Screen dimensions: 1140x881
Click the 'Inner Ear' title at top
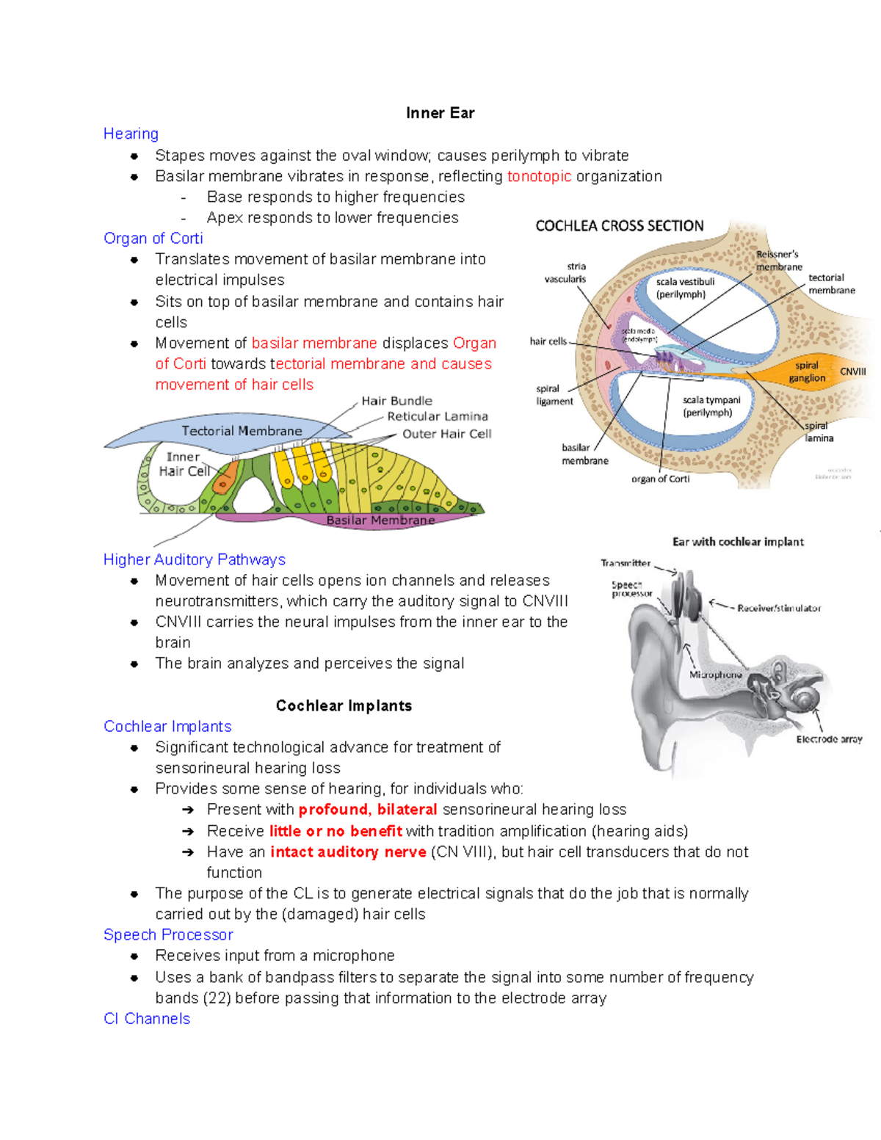point(440,113)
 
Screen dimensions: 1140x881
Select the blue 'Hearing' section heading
point(131,134)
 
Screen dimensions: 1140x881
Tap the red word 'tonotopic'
point(539,176)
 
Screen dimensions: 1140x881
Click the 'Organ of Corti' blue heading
point(153,239)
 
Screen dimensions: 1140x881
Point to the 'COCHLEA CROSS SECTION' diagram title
point(619,226)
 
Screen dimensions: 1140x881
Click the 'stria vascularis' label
point(565,272)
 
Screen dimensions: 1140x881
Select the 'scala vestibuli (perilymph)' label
point(684,288)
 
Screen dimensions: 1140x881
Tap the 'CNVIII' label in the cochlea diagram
point(852,371)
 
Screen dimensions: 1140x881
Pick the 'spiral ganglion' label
point(807,371)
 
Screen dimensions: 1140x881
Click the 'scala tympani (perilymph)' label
point(710,406)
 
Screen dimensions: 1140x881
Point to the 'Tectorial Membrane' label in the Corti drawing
point(242,431)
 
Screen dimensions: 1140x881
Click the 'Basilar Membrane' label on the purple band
point(380,520)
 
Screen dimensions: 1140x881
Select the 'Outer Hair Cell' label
point(446,434)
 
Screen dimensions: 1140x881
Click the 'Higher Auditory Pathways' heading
point(195,559)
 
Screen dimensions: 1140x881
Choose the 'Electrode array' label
point(829,739)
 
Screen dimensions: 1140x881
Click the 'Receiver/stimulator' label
point(778,608)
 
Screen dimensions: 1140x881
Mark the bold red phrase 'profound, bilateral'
point(368,810)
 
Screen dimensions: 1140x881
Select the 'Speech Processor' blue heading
point(168,935)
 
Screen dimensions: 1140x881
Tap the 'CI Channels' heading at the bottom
point(147,1019)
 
